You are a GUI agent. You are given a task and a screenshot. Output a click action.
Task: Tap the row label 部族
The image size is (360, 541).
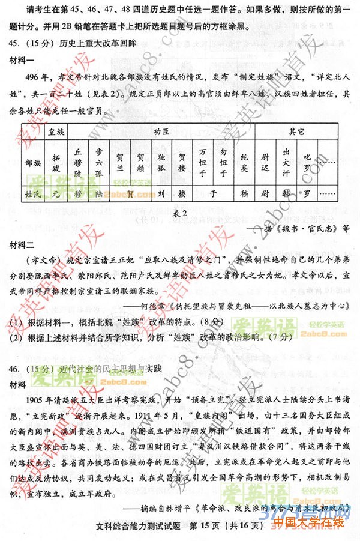34,162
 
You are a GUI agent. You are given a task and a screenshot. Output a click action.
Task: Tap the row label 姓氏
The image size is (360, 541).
33,194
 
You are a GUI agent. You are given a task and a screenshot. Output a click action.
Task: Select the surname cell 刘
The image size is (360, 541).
161,194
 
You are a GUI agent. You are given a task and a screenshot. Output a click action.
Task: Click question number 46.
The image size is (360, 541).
16,367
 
